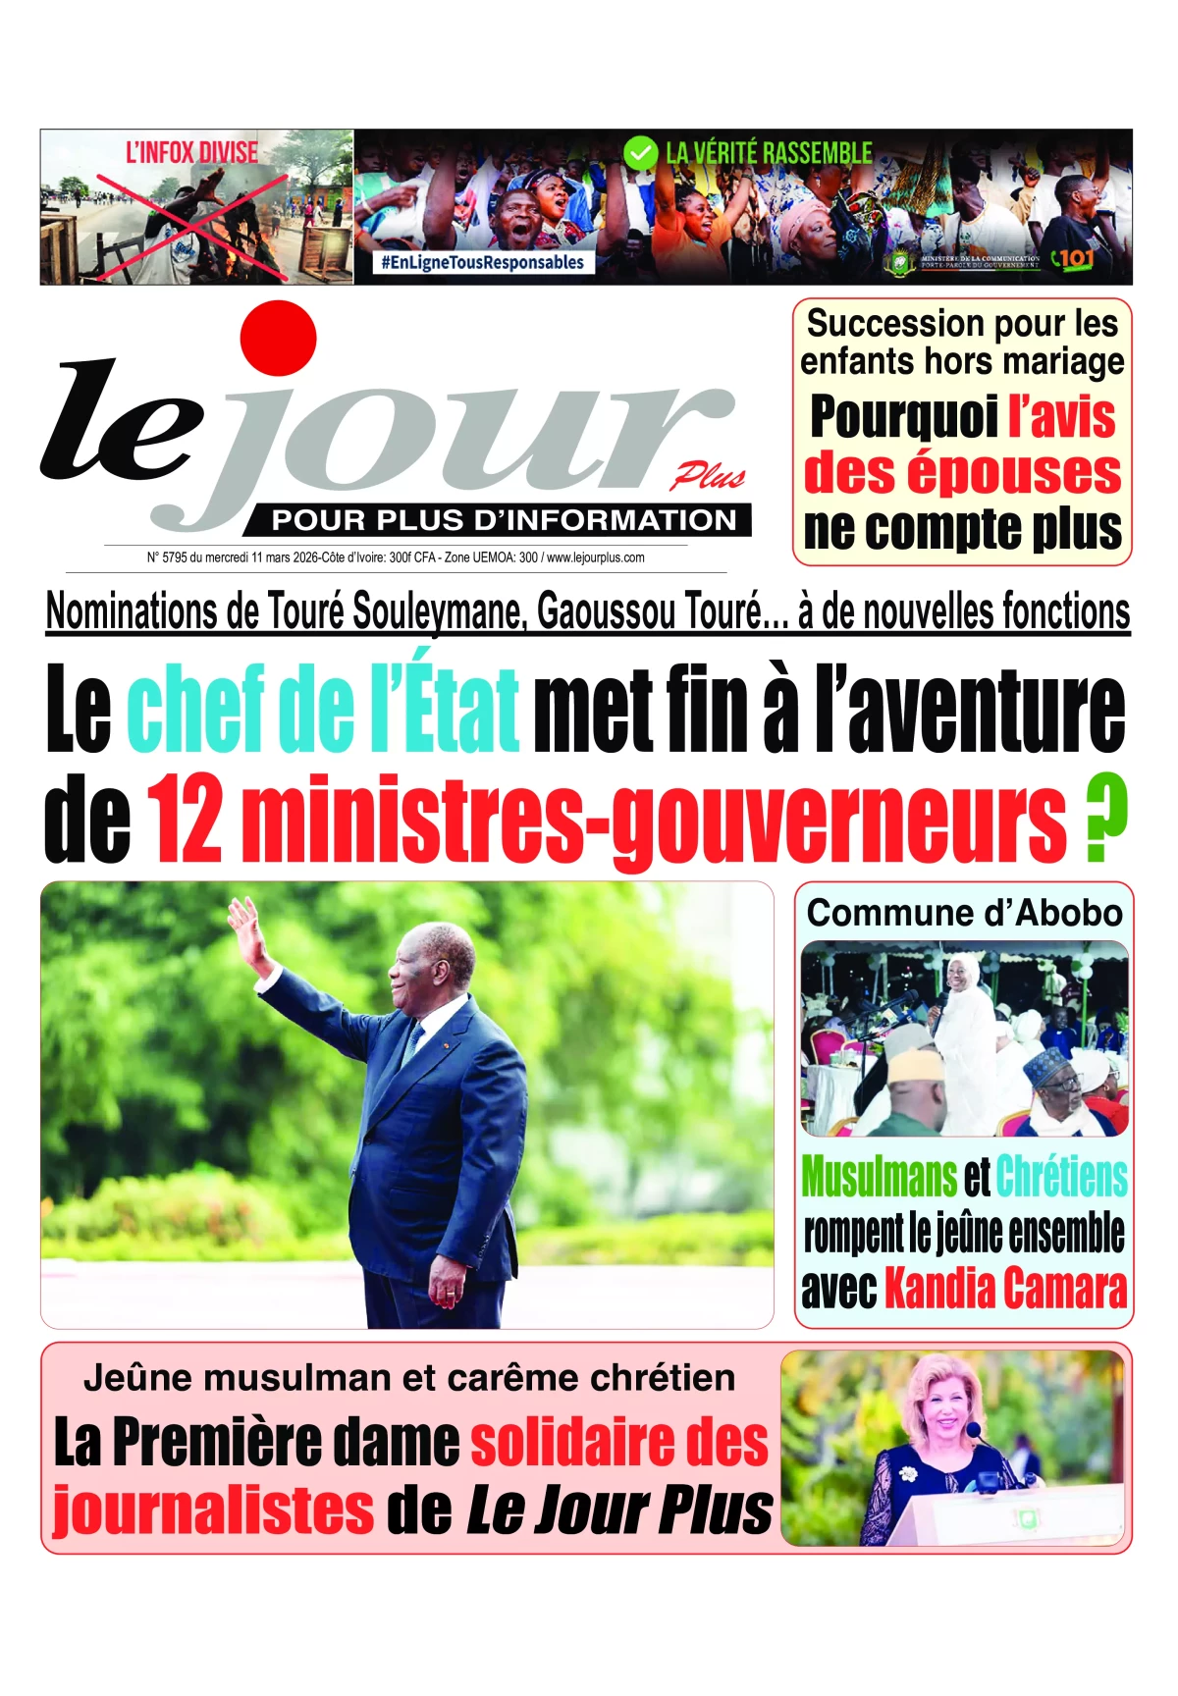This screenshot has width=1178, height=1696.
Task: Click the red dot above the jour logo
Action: pyautogui.click(x=279, y=338)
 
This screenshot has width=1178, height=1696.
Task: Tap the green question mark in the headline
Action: pyautogui.click(x=1106, y=819)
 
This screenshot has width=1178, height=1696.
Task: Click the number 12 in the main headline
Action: pyautogui.click(x=186, y=819)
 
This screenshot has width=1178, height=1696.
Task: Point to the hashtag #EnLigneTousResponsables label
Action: pyautogui.click(x=483, y=262)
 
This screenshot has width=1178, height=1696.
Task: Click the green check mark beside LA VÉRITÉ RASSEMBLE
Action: pyautogui.click(x=640, y=153)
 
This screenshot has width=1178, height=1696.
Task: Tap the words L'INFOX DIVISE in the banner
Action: pyautogui.click(x=191, y=152)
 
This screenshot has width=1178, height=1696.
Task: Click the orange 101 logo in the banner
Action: pyautogui.click(x=1072, y=259)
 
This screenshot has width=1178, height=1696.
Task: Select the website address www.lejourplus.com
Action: pyautogui.click(x=595, y=557)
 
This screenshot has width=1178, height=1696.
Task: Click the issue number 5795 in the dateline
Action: pyautogui.click(x=174, y=557)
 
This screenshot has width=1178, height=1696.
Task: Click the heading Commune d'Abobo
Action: pyautogui.click(x=964, y=913)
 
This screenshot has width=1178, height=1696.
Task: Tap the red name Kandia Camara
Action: pyautogui.click(x=1005, y=1288)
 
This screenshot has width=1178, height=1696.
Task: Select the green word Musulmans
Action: pyautogui.click(x=879, y=1176)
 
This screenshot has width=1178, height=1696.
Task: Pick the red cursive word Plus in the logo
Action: pyautogui.click(x=708, y=477)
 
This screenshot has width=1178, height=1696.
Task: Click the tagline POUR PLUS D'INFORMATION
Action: pyautogui.click(x=504, y=520)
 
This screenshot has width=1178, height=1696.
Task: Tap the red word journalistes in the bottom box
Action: pyautogui.click(x=213, y=1509)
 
